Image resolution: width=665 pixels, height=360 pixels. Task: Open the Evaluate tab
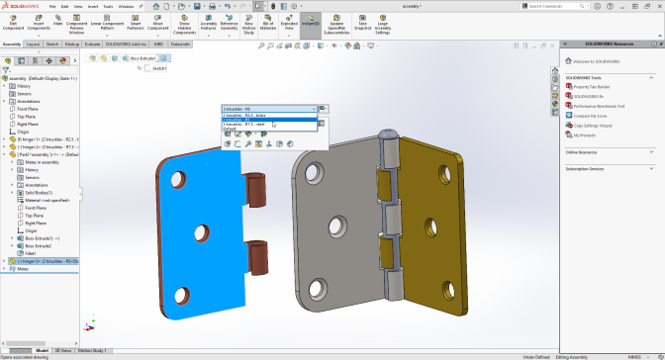click(92, 45)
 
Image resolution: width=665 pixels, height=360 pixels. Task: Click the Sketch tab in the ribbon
click(53, 45)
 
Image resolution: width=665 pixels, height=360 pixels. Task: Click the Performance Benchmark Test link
click(600, 106)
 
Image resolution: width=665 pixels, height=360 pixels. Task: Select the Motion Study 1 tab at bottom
click(93, 350)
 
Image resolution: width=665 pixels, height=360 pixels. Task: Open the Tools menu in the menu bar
click(107, 6)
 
